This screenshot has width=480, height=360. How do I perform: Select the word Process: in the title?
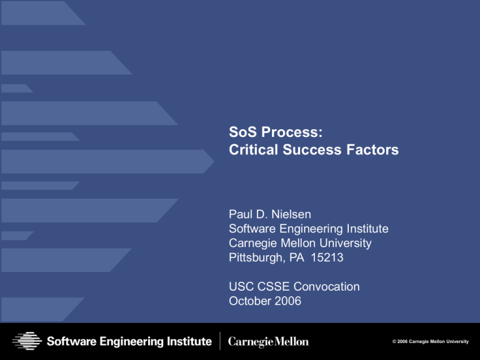[291, 133]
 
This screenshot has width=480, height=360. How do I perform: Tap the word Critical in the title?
[251, 150]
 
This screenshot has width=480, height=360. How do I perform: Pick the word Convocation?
[327, 287]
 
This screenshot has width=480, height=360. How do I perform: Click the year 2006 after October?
[290, 300]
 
